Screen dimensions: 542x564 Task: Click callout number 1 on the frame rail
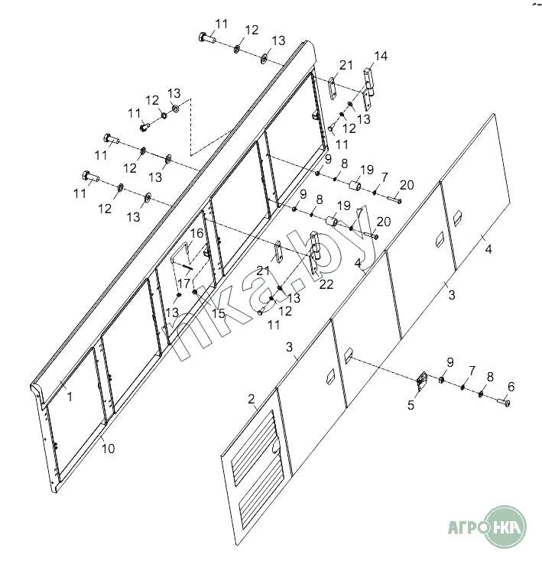click(70, 397)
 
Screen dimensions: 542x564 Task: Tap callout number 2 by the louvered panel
click(252, 399)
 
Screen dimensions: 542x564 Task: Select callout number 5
click(411, 405)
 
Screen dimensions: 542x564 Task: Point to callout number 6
click(511, 387)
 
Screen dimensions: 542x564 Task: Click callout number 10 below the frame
click(108, 449)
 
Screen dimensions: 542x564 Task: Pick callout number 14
click(381, 56)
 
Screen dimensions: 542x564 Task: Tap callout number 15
click(218, 313)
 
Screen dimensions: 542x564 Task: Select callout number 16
click(197, 233)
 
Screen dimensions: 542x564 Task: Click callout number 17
click(183, 284)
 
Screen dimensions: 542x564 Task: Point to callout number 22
click(326, 284)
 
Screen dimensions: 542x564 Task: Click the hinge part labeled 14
click(368, 89)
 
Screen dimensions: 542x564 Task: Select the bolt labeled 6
click(504, 402)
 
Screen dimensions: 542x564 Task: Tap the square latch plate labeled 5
click(421, 381)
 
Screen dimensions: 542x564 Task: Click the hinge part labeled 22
click(314, 253)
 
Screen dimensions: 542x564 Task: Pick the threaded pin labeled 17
click(188, 267)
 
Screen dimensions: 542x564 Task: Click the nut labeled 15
click(195, 291)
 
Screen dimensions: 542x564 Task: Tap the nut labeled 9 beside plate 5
click(441, 380)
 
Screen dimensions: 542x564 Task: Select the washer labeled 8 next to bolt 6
click(481, 394)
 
